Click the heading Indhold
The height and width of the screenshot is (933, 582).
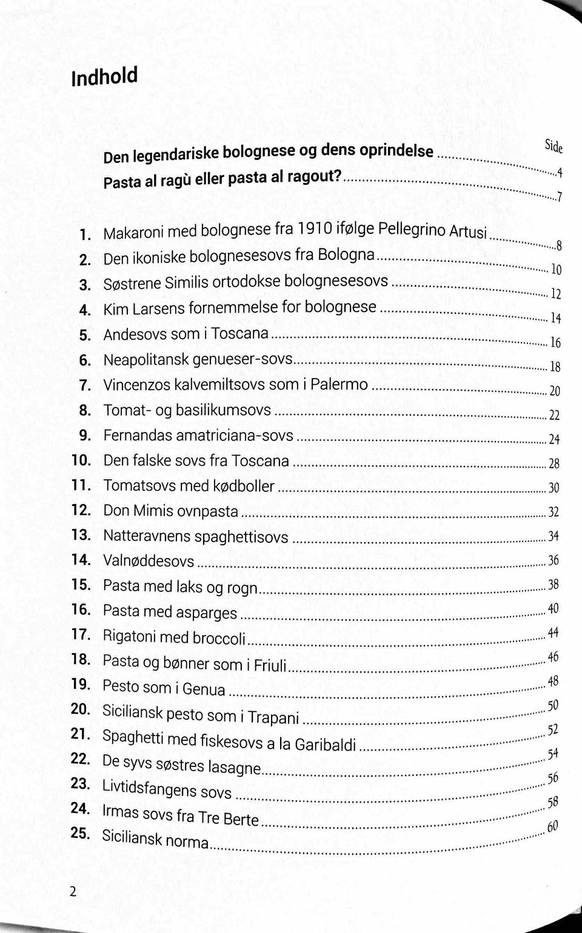tap(104, 77)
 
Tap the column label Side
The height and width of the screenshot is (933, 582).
tap(554, 147)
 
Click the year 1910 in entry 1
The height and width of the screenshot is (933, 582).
tap(314, 228)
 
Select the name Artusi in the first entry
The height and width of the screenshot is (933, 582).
tap(467, 231)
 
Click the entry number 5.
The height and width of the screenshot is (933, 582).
tap(85, 335)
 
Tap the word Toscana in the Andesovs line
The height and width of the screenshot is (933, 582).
tap(239, 333)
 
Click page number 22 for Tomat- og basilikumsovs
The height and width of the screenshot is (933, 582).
tap(554, 415)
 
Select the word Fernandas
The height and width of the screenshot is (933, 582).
tap(139, 435)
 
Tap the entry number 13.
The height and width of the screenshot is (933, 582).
tap(81, 535)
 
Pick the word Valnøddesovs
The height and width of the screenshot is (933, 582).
tap(149, 561)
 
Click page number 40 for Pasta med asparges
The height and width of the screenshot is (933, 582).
tap(553, 609)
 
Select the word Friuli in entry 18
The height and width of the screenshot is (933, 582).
tap(270, 665)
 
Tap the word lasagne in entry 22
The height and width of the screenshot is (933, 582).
tap(234, 767)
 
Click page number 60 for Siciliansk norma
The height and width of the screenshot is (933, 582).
tap(552, 827)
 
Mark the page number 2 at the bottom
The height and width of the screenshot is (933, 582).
tap(73, 891)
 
